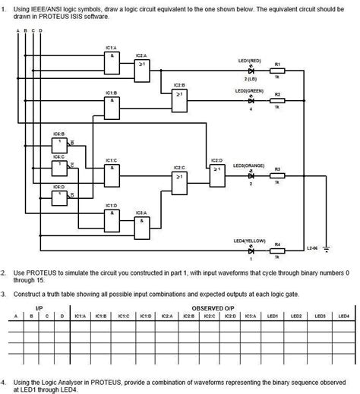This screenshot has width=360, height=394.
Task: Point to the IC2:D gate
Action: (217, 172)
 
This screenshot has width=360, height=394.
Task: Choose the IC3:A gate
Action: (141, 226)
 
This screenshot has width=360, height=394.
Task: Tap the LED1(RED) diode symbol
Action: (251, 70)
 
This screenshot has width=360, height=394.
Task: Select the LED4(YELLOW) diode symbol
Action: (251, 249)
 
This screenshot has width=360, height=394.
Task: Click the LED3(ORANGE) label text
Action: (248, 165)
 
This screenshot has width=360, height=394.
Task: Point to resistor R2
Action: (277, 99)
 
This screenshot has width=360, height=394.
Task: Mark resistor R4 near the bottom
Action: (277, 249)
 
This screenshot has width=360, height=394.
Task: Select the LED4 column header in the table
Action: (343, 315)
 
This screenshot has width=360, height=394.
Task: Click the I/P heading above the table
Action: (39, 307)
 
